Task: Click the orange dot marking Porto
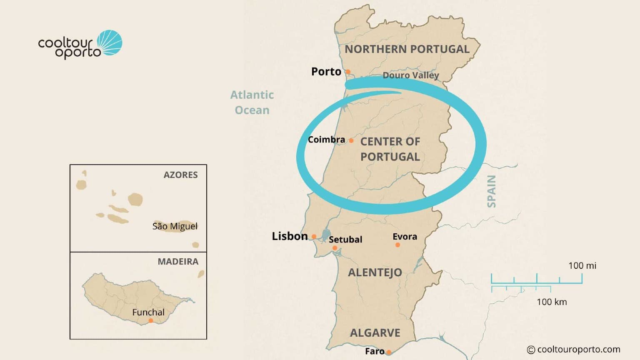(348, 72)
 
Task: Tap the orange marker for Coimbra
(351, 141)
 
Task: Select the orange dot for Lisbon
(314, 237)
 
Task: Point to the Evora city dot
(397, 245)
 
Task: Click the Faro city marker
(389, 352)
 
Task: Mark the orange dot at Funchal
(151, 320)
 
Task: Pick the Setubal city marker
(335, 248)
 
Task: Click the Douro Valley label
(411, 75)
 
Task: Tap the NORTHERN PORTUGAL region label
(407, 49)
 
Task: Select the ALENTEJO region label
(375, 272)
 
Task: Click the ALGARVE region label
(375, 333)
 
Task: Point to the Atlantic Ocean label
(252, 102)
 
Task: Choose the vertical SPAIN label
(492, 191)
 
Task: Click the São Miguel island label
(175, 226)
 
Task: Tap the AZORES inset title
(180, 175)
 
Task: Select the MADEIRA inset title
(178, 262)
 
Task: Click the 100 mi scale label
(582, 266)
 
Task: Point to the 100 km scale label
(552, 302)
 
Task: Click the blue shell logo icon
(110, 42)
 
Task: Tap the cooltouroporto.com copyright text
(574, 350)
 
